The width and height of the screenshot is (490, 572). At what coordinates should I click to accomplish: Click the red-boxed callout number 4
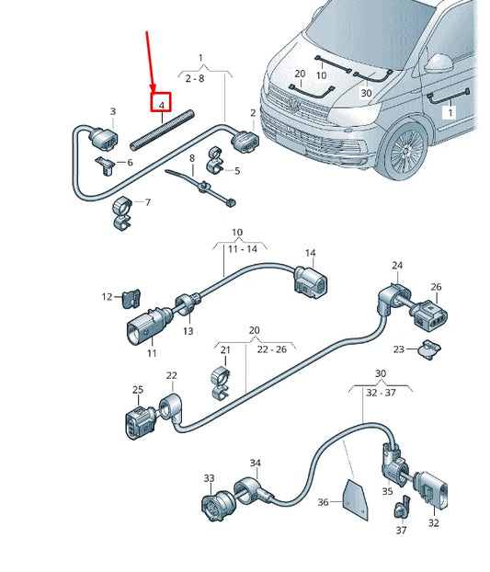click(x=162, y=106)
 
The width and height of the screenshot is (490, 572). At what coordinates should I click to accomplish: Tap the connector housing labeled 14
click(x=307, y=280)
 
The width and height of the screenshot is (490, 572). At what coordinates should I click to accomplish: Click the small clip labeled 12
click(x=131, y=296)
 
